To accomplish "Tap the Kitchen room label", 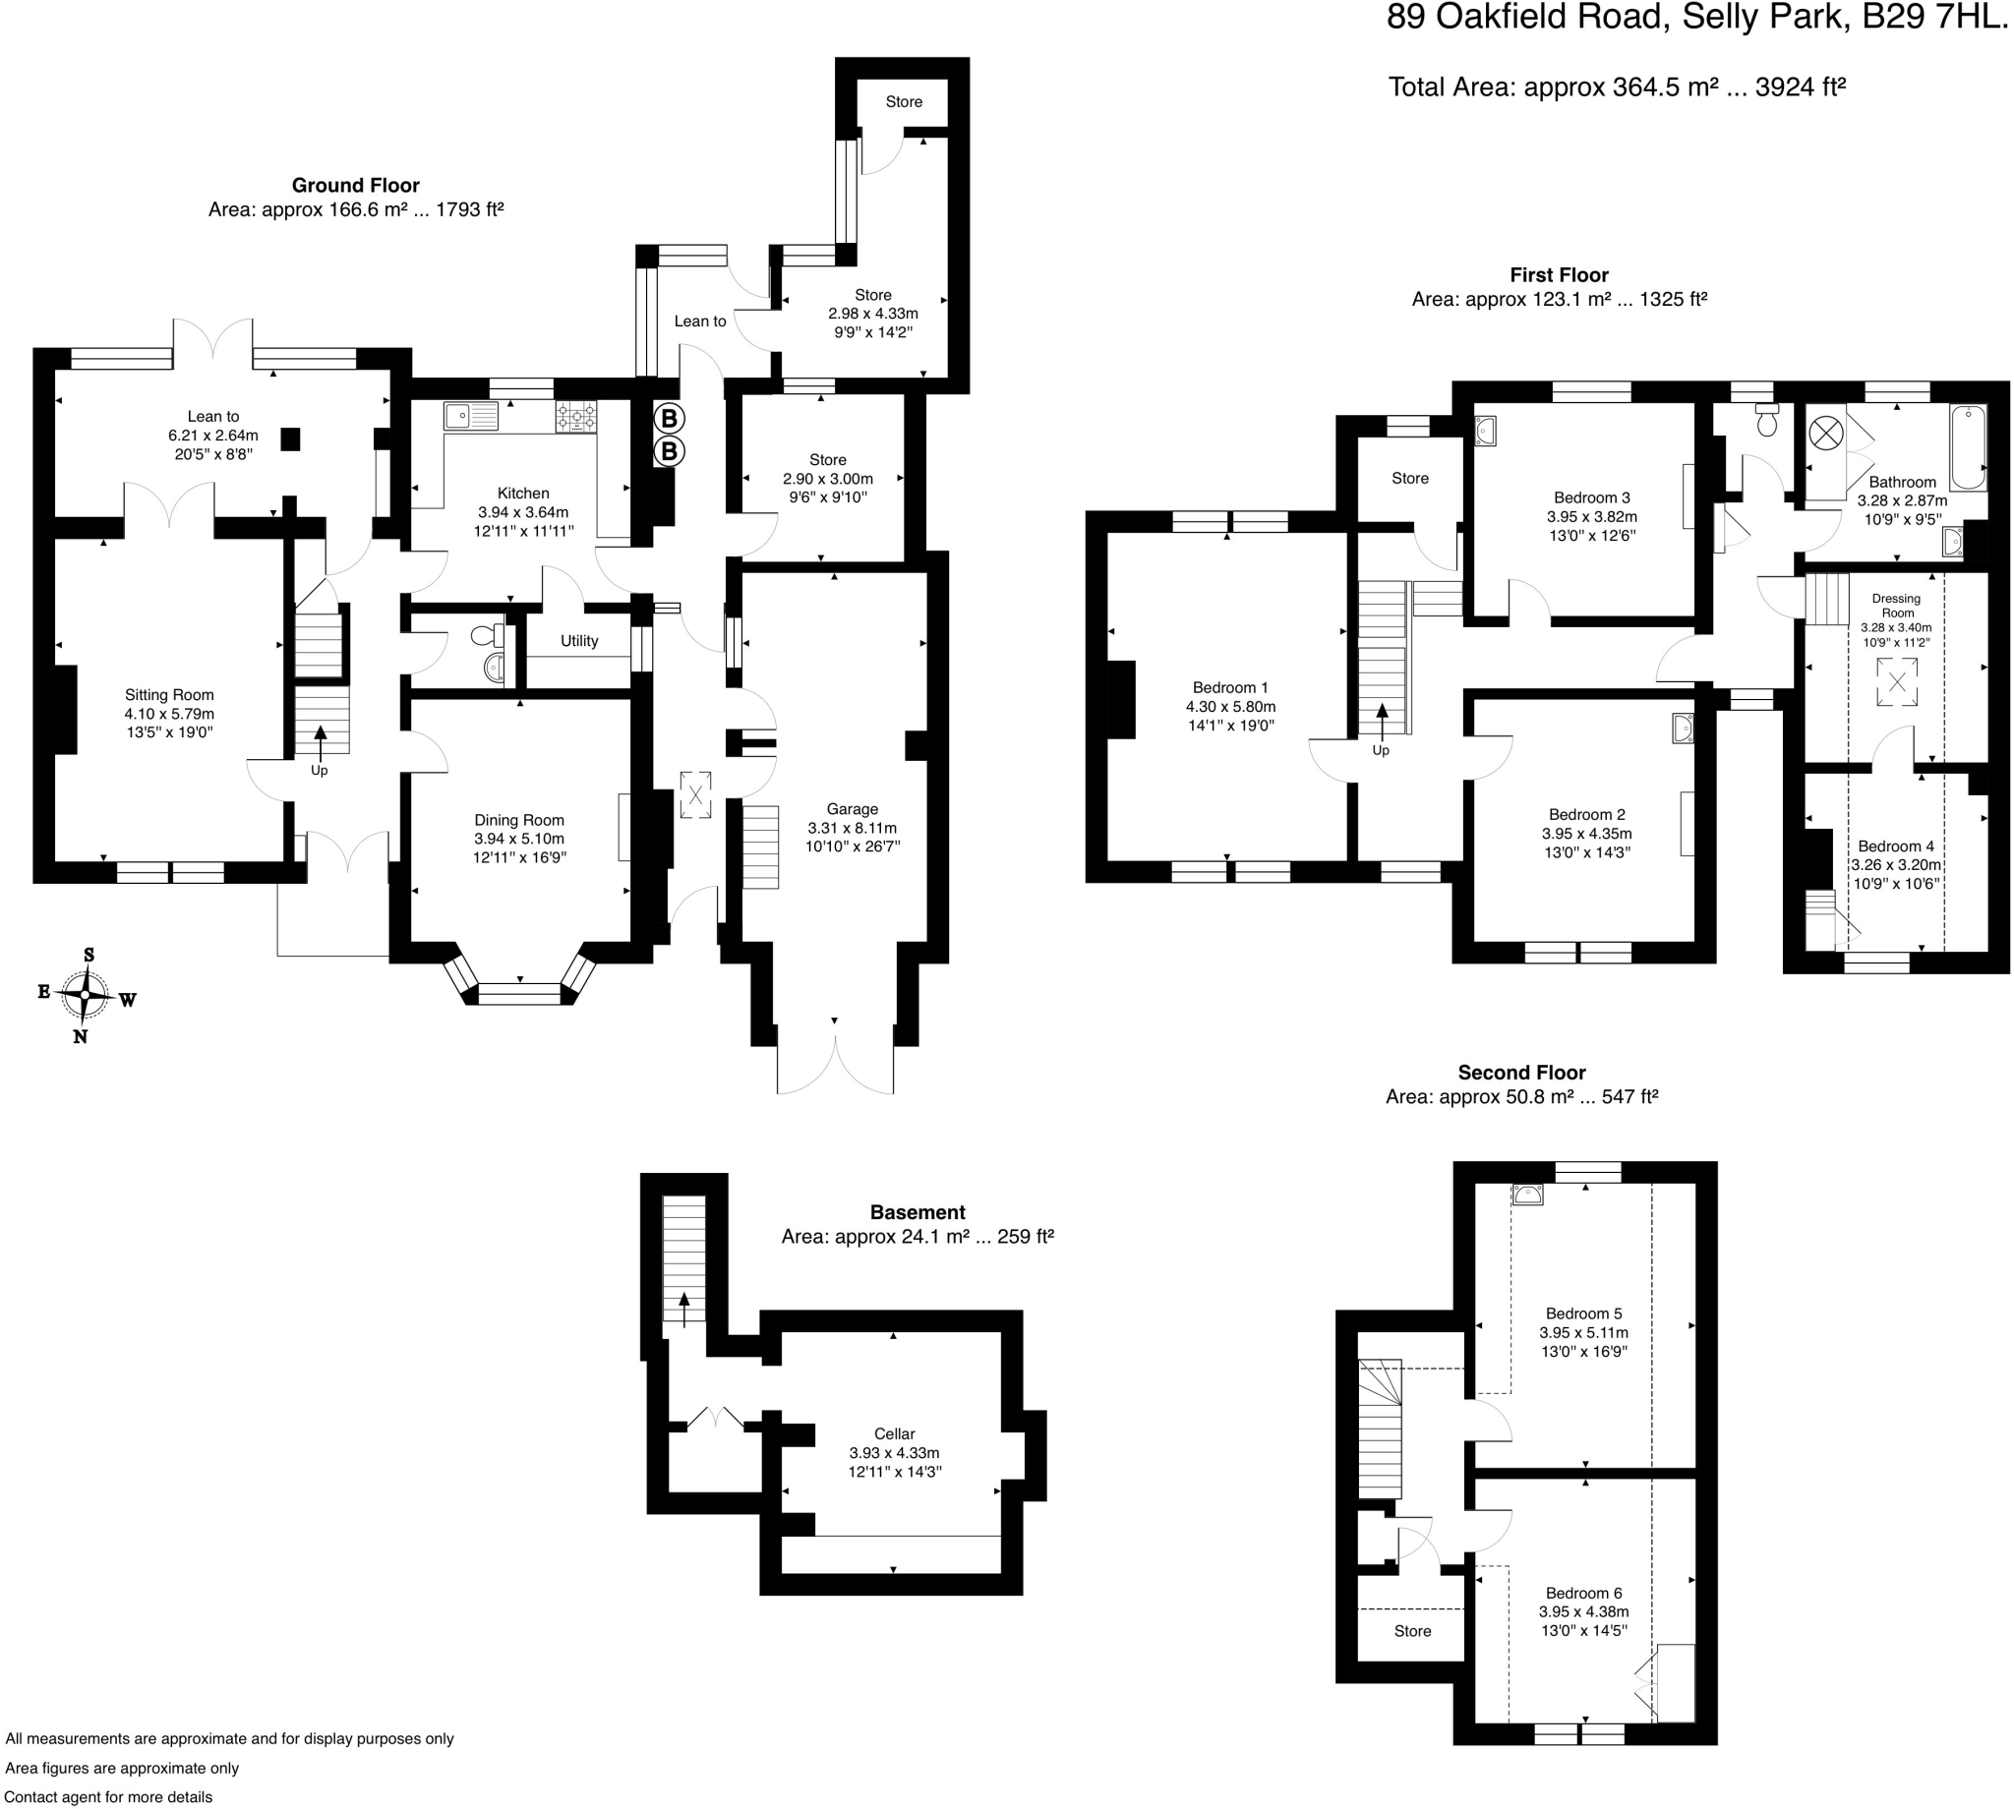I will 523,493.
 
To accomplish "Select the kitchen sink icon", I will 470,416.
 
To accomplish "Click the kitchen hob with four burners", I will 575,416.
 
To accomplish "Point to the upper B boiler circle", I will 669,418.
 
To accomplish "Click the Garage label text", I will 852,809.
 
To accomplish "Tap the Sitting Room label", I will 169,695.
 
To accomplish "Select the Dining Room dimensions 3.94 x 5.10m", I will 519,839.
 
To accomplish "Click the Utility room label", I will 578,641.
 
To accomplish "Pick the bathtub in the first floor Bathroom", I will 1967,447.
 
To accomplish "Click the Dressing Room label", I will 1896,606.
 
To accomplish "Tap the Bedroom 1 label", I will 1229,688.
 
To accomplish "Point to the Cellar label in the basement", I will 894,1433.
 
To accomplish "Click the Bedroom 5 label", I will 1583,1313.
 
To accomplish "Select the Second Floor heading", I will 1521,1073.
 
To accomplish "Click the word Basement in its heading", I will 917,1212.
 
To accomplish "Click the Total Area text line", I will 1617,88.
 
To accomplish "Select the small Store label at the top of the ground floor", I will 904,101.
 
